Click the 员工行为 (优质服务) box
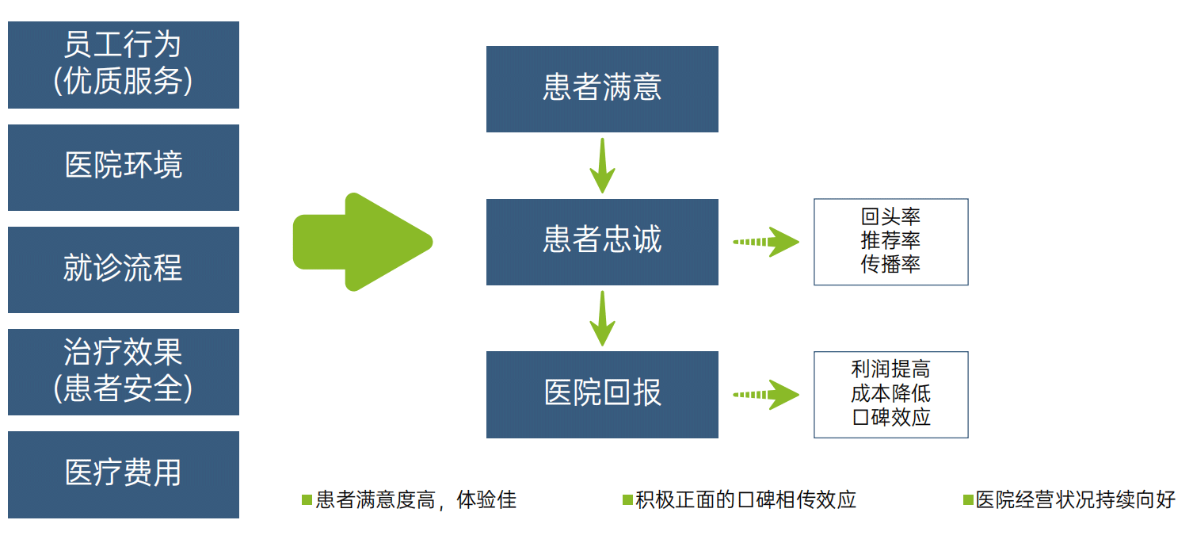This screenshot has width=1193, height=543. [x=123, y=65]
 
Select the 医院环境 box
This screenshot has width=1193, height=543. [x=123, y=167]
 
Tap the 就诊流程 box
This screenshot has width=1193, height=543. [x=123, y=270]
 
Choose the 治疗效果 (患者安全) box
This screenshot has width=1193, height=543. [x=123, y=372]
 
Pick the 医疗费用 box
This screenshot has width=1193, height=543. [x=123, y=474]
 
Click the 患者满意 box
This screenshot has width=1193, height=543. [x=602, y=89]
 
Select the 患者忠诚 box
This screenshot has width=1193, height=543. [x=602, y=242]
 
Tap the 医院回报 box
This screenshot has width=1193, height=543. [x=602, y=394]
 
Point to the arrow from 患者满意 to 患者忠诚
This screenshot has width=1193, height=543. [x=602, y=166]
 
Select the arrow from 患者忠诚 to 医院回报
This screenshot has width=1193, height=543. [x=602, y=318]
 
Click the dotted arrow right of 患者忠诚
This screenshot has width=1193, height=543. [x=765, y=242]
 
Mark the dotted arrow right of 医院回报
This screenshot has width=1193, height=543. [x=765, y=394]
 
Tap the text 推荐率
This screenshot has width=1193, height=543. [x=890, y=241]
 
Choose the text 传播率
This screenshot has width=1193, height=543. [x=890, y=265]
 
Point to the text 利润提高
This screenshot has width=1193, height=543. [x=890, y=370]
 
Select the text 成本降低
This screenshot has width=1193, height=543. [x=890, y=394]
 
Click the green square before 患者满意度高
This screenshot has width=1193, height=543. [x=307, y=500]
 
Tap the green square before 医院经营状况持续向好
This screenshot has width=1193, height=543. [x=967, y=500]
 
